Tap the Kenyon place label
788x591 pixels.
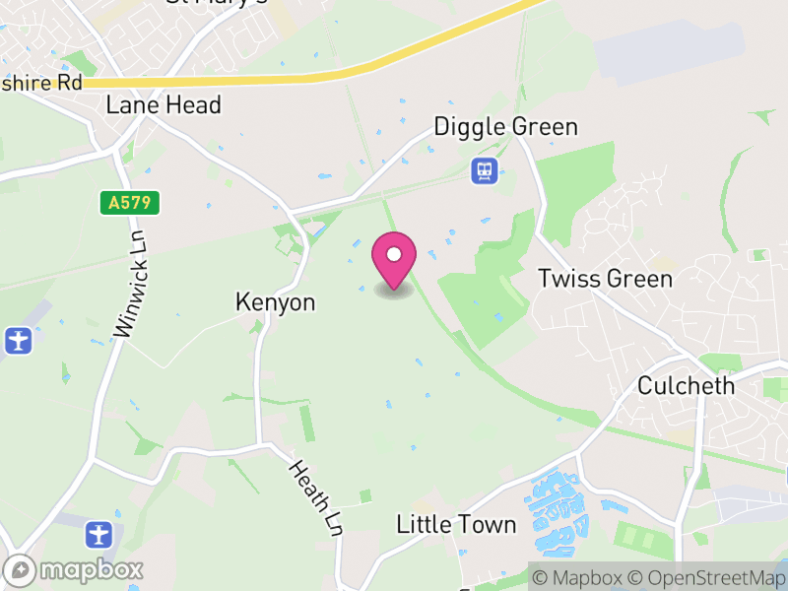[276, 302]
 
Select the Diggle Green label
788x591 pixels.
[506, 127]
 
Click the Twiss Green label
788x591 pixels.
[605, 279]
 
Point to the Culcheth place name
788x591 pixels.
[686, 385]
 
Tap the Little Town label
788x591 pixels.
[456, 524]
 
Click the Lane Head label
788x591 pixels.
[164, 104]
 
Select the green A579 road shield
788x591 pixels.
[130, 203]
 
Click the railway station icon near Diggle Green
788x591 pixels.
[485, 171]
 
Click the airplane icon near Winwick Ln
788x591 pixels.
[18, 342]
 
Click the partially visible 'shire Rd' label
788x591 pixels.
[41, 83]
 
